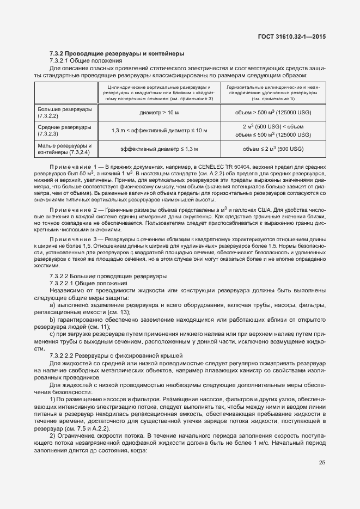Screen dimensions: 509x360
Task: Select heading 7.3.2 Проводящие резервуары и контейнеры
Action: click(x=117, y=53)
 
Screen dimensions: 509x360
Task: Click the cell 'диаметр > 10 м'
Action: click(x=158, y=113)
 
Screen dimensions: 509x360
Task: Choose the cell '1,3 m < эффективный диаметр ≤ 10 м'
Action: click(x=158, y=131)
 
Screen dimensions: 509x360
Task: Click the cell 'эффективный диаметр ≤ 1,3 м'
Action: click(x=158, y=149)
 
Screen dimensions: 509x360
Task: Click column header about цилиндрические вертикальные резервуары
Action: click(x=158, y=93)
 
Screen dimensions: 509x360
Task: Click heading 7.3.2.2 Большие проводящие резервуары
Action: click(x=108, y=277)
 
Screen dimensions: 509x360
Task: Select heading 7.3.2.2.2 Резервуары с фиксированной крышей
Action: click(x=116, y=355)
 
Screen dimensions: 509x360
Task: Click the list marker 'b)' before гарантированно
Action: click(x=52, y=319)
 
